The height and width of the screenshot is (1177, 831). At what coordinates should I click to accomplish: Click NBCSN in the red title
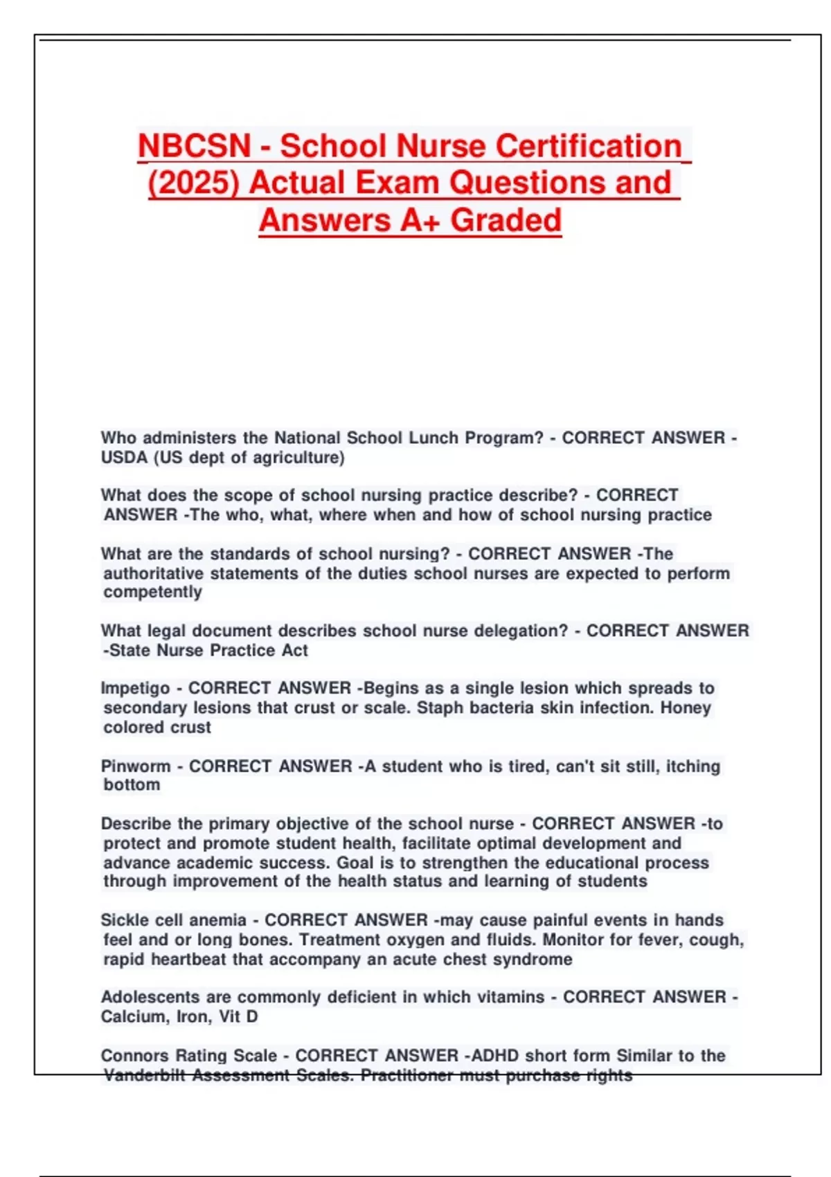(194, 146)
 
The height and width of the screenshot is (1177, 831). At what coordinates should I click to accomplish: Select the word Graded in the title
(506, 221)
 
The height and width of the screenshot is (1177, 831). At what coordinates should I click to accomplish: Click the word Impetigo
(135, 688)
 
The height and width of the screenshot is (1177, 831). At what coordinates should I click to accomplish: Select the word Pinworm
(136, 766)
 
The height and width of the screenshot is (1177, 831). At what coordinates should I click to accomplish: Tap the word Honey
(686, 708)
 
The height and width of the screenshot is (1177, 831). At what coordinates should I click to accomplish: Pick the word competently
(152, 592)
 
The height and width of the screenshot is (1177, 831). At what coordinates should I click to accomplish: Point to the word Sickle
(124, 920)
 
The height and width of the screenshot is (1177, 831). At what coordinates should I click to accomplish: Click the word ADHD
(495, 1056)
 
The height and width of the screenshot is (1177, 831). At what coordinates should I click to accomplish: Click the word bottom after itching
(132, 785)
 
